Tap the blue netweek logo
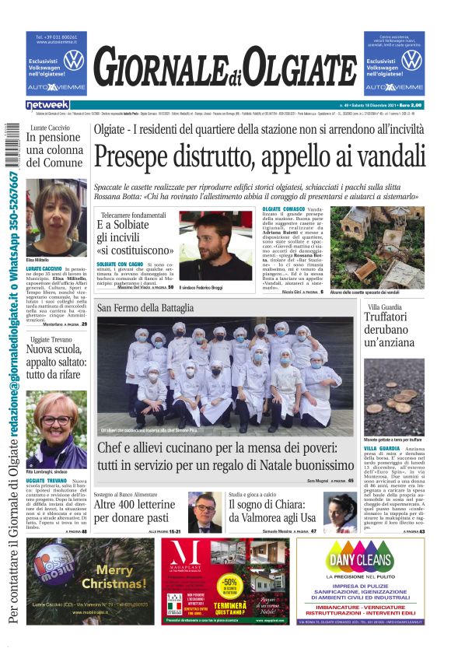coord(47,104)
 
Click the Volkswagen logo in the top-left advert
coord(73,60)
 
